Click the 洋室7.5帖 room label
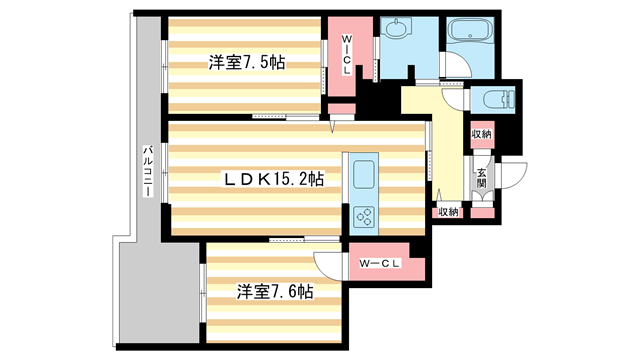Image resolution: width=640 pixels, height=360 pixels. (246, 63)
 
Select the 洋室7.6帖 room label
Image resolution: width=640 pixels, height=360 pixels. (275, 292)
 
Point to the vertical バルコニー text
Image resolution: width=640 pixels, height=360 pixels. (146, 170)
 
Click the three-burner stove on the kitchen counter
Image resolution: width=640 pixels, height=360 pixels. (362, 216)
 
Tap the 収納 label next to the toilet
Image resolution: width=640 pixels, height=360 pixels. (481, 134)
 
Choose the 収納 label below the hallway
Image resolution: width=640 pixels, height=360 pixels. (447, 211)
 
